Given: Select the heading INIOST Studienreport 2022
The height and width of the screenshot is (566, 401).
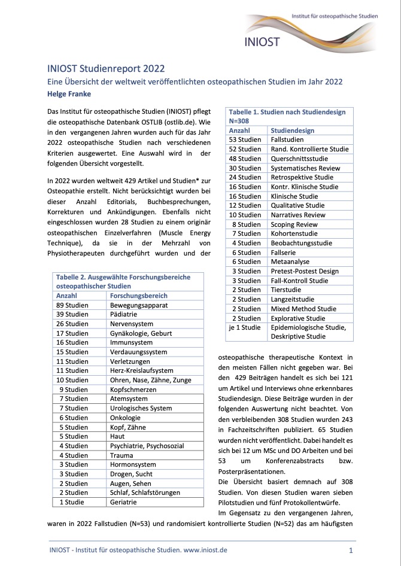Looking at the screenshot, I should (106, 69).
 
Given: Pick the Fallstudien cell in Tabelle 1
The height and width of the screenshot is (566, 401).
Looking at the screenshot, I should (288, 139).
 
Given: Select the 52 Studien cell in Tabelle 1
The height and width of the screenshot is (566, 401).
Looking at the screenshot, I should (245, 149).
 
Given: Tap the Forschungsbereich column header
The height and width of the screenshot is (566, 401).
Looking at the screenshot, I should (139, 296).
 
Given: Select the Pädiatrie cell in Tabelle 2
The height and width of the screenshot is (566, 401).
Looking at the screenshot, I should (124, 314).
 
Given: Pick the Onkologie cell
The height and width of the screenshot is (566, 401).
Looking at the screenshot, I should (126, 418).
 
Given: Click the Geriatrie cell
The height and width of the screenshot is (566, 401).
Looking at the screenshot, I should (124, 502).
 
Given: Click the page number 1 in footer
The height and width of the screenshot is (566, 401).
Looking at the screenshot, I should (351, 549).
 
